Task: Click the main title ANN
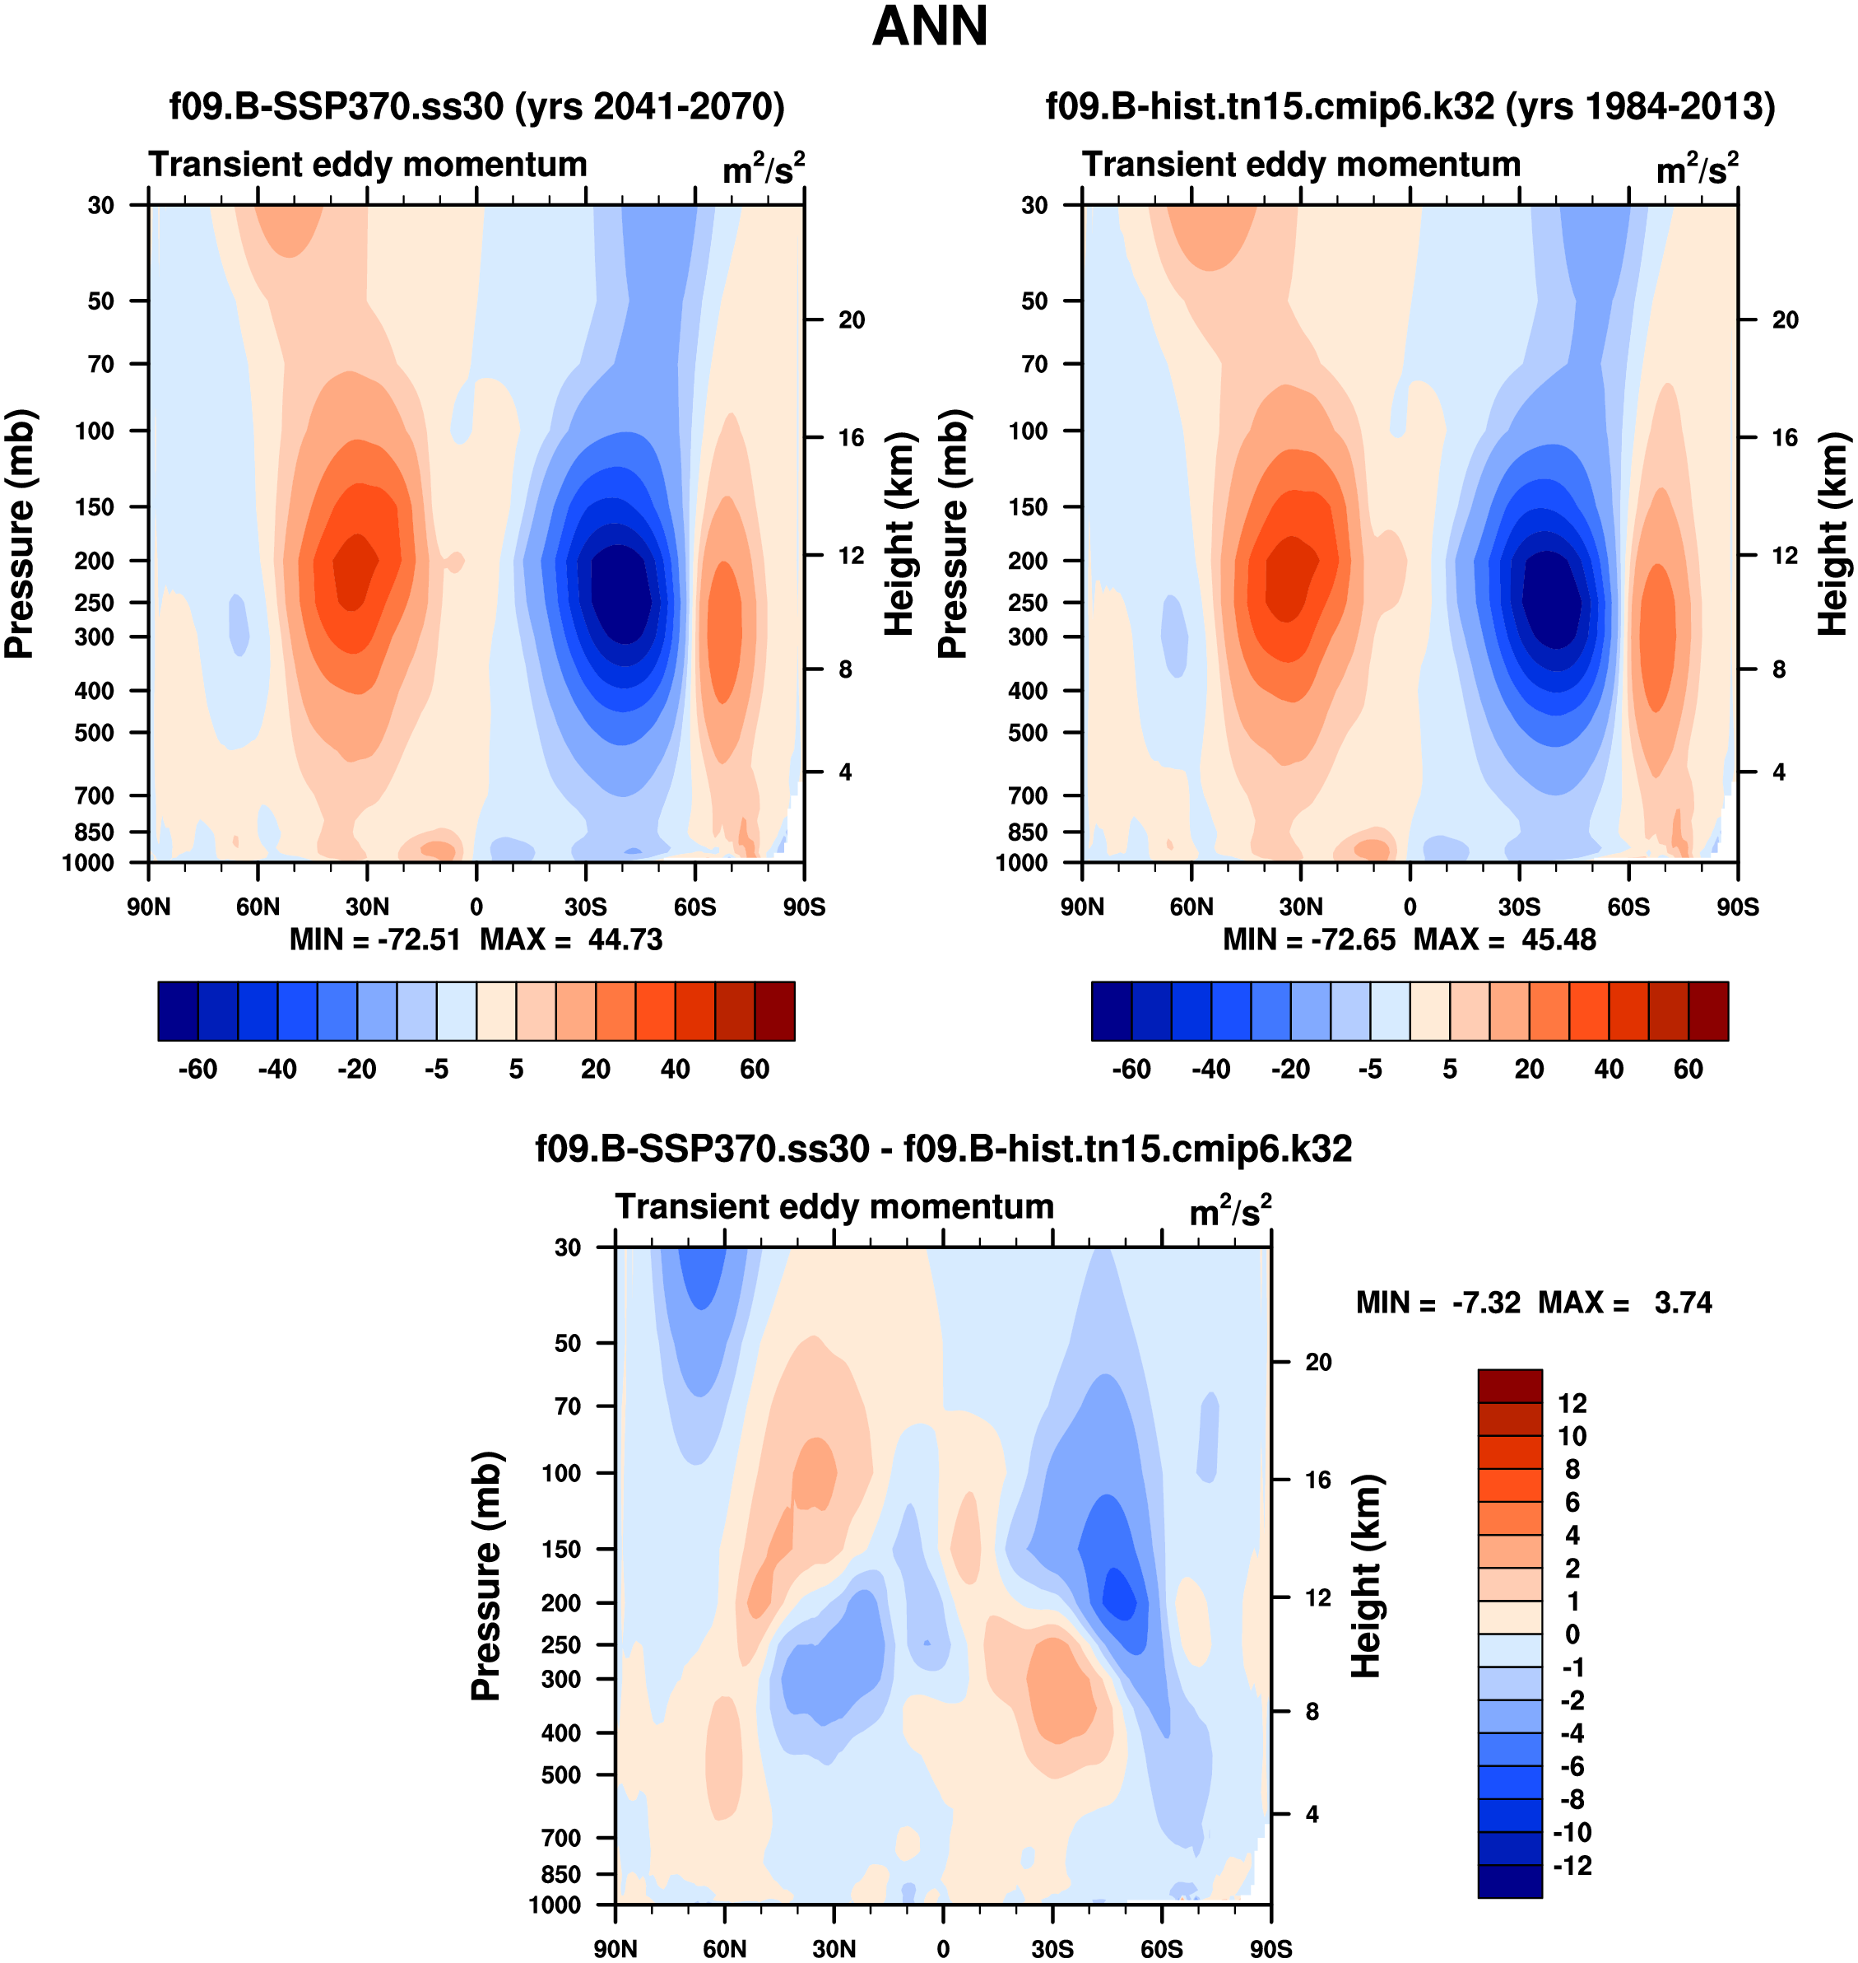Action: coord(929,26)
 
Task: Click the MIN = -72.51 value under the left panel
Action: coord(374,940)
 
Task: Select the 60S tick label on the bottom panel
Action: coord(1161,1948)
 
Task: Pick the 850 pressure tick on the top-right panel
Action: coord(1028,832)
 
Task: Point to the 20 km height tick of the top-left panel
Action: coord(851,320)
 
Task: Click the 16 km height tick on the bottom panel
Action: coord(1317,1480)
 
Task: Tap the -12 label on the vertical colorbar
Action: coord(1572,1865)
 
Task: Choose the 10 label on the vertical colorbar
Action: coord(1572,1436)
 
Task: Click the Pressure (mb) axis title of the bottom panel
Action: coord(486,1575)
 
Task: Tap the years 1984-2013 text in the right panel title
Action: coord(1640,106)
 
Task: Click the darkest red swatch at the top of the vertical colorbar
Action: coord(1509,1385)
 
